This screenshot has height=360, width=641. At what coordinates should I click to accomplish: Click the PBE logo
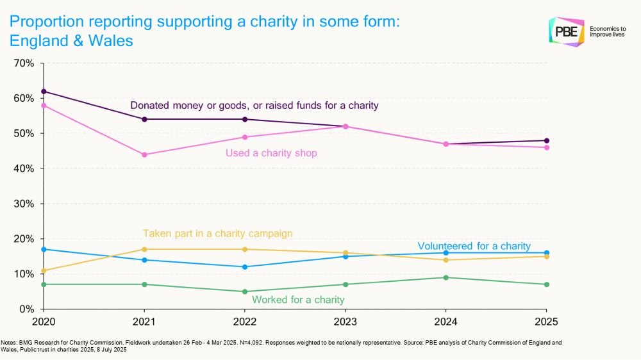click(x=567, y=32)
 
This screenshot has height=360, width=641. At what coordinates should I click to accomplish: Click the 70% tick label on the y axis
click(x=24, y=63)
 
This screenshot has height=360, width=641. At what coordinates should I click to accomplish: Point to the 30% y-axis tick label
click(x=24, y=204)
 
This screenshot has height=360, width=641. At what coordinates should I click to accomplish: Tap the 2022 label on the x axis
click(x=245, y=320)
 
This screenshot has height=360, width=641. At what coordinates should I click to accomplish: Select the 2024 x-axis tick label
click(x=446, y=320)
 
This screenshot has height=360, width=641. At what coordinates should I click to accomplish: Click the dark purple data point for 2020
click(x=44, y=92)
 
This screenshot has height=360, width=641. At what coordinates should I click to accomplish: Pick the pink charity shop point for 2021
click(x=144, y=154)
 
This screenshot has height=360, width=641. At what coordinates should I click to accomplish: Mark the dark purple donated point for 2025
click(x=547, y=140)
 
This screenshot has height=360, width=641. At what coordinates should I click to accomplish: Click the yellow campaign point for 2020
click(x=44, y=270)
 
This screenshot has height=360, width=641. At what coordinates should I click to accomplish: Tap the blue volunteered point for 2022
click(x=245, y=266)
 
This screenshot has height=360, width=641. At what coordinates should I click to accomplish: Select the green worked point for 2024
click(x=446, y=277)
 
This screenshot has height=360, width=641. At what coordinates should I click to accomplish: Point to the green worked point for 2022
click(x=245, y=291)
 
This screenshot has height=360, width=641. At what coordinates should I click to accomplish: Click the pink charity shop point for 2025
click(x=547, y=147)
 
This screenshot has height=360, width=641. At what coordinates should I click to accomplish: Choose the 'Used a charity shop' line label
click(x=271, y=153)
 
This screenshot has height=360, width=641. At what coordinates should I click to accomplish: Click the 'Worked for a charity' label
click(x=298, y=300)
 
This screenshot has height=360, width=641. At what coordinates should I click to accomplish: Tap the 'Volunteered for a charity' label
click(x=474, y=246)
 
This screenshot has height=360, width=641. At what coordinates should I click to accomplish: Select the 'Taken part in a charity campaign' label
click(x=217, y=234)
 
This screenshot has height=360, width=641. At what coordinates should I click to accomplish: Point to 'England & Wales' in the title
click(x=71, y=40)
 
